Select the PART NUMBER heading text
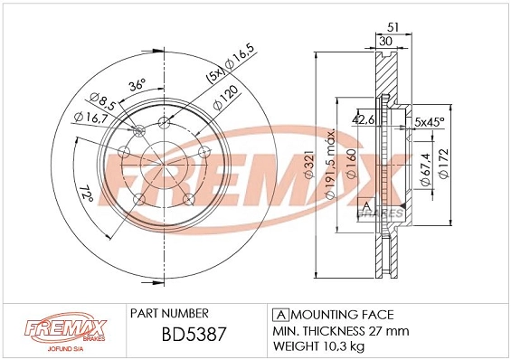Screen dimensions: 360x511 [x=170, y=314]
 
